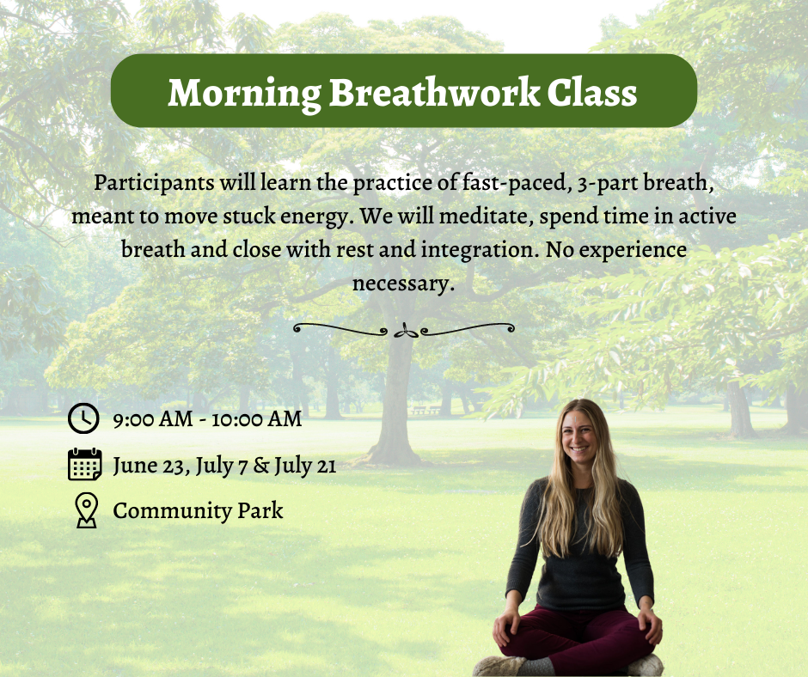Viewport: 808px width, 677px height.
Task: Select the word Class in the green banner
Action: (594, 92)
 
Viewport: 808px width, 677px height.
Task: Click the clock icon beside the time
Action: (83, 419)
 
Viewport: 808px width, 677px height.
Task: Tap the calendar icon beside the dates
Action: (84, 465)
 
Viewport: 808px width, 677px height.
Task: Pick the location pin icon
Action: (85, 510)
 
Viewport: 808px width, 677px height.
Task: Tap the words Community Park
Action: (198, 511)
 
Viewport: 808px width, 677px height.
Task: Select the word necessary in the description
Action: (401, 284)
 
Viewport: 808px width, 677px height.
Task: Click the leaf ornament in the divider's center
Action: (404, 330)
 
